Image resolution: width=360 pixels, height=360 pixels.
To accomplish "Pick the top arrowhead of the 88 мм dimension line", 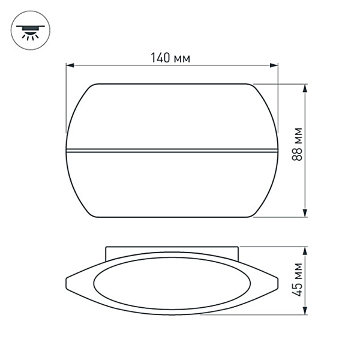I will coord(306,88).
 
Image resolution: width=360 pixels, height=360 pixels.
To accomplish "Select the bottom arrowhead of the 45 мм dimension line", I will coord(306,310).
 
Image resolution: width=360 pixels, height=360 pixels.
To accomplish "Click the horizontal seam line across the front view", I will coord(172,148).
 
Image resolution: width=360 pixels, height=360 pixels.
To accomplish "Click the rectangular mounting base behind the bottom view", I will coord(172,250).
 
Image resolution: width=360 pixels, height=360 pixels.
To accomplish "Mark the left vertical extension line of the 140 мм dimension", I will coord(66,96).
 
